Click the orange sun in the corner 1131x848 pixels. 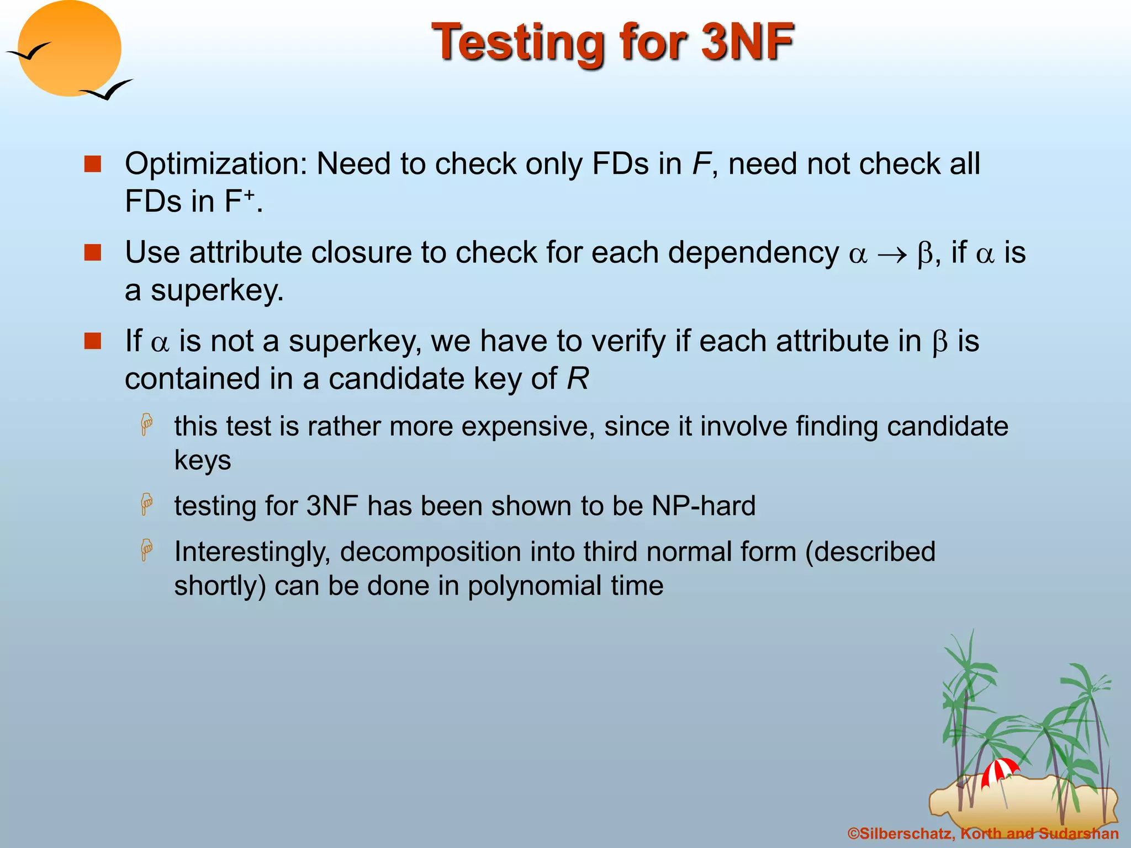[69, 49]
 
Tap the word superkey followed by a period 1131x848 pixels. [217, 290]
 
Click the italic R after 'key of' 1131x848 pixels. [578, 379]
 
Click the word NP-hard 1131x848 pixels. [704, 506]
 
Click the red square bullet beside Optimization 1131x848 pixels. [92, 164]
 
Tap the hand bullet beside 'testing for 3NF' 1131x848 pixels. [146, 504]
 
